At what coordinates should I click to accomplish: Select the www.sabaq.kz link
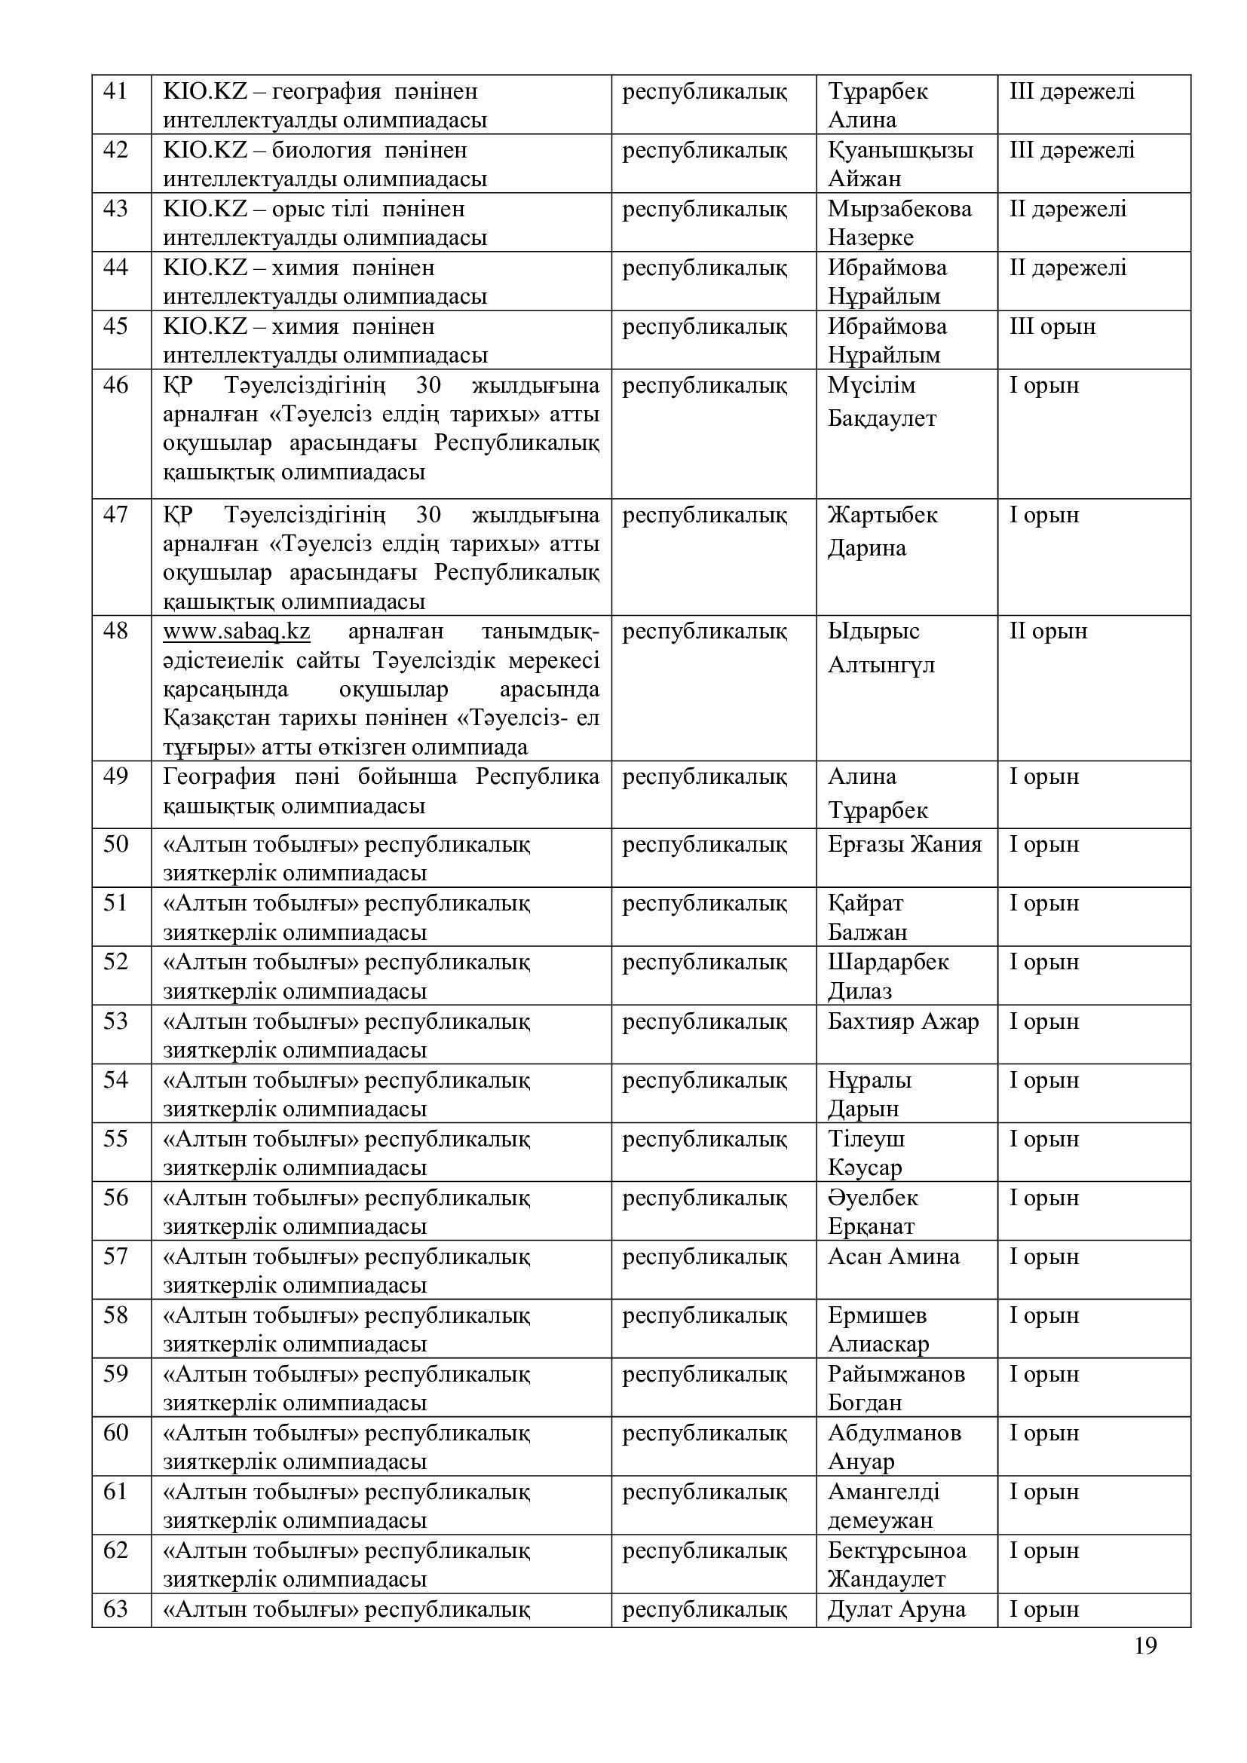[x=237, y=632]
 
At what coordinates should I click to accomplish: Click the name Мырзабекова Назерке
[x=899, y=222]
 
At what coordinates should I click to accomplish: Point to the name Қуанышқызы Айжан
[x=899, y=164]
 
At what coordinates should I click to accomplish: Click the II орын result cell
[x=1048, y=632]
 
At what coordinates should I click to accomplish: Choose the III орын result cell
[x=1052, y=327]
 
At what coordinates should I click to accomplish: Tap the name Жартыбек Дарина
[x=882, y=531]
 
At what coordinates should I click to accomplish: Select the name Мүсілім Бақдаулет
[x=881, y=402]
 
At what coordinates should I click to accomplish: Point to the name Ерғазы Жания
[x=905, y=845]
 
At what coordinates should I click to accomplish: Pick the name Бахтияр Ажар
[x=903, y=1022]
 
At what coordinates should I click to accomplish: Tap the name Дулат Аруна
[x=896, y=1609]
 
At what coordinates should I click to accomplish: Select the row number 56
[x=115, y=1198]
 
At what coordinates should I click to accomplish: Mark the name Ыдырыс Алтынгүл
[x=881, y=648]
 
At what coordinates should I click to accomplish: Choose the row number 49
[x=115, y=777]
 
